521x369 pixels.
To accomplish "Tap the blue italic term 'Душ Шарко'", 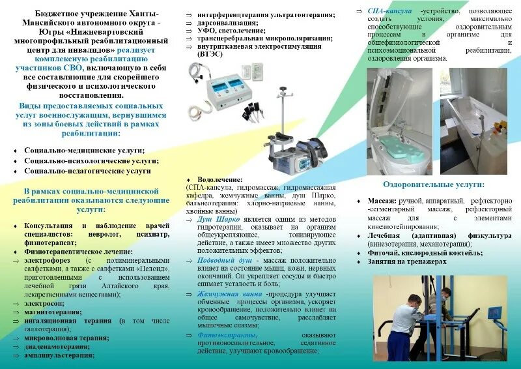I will click(x=212, y=220).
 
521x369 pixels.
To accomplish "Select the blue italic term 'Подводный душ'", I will click(x=219, y=259).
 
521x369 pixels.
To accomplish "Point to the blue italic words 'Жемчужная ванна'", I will click(x=225, y=293).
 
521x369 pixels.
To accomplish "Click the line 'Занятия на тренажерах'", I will click(x=407, y=261).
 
